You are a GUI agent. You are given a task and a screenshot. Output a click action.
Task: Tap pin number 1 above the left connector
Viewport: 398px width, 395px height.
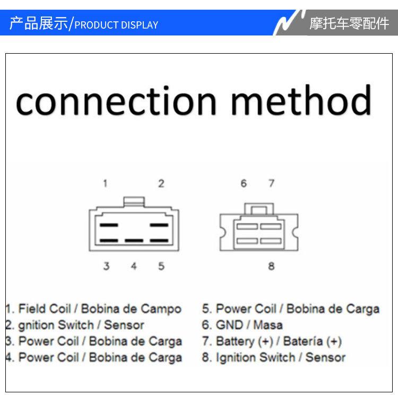(106, 184)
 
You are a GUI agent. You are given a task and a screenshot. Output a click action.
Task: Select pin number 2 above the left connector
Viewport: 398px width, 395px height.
(161, 184)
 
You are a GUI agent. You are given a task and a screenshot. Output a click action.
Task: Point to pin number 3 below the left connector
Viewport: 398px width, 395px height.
(106, 266)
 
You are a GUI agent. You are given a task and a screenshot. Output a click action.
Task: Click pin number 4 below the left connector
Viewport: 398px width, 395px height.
(134, 266)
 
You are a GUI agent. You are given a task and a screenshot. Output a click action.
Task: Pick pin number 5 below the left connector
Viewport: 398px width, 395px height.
(161, 266)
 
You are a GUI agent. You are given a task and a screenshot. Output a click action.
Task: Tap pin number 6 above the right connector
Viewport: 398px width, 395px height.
(244, 184)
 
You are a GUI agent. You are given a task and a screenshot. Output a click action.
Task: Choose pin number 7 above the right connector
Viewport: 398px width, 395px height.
(271, 184)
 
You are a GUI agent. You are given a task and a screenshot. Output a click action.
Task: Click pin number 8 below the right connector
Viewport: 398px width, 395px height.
(271, 266)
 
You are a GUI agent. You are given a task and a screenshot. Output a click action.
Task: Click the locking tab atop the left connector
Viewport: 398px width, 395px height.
(134, 202)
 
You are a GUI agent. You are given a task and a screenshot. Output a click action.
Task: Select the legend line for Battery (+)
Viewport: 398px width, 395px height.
(272, 341)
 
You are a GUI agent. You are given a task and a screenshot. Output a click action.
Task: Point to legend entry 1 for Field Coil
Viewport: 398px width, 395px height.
(94, 309)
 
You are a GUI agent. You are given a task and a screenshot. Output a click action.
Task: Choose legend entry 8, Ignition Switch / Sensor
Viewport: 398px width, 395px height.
(273, 357)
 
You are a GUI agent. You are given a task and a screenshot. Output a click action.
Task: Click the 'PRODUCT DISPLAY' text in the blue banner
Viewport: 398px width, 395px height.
(116, 25)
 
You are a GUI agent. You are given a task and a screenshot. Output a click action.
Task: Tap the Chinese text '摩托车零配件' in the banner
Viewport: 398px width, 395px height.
(349, 23)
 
